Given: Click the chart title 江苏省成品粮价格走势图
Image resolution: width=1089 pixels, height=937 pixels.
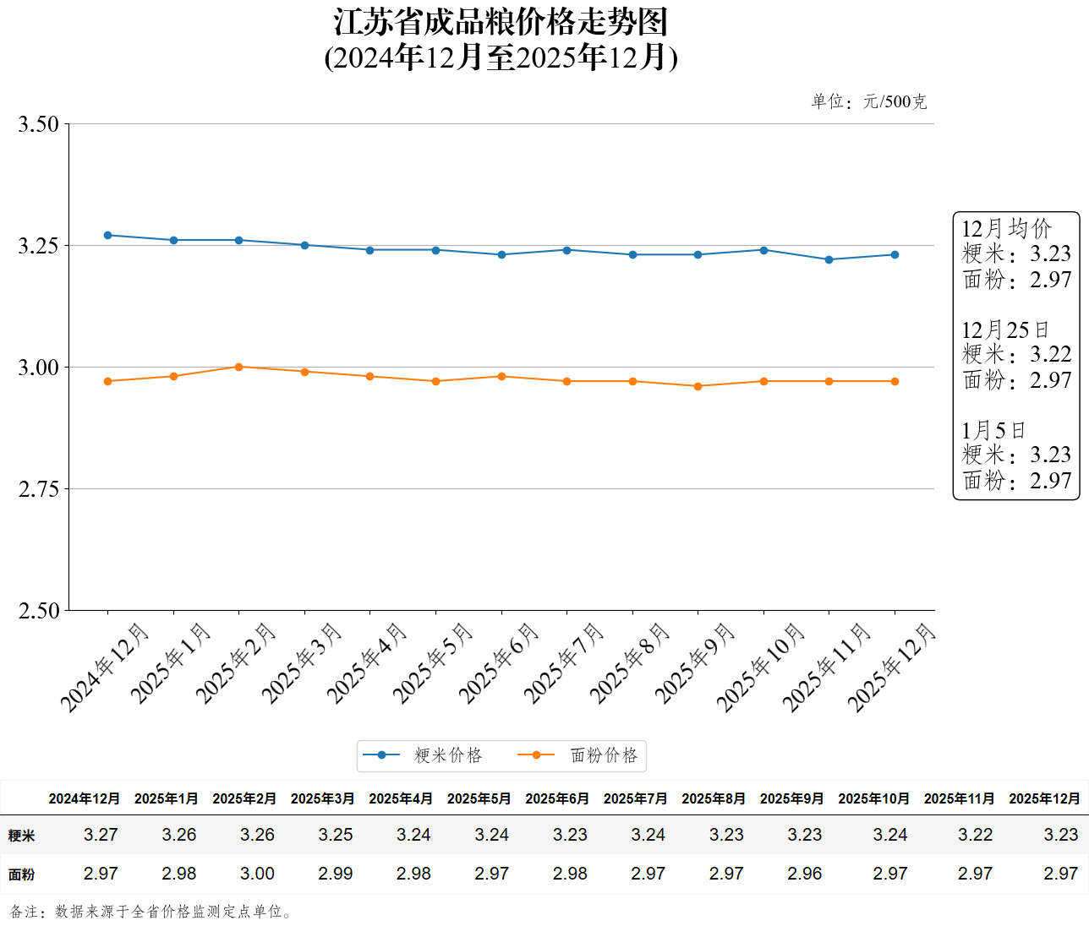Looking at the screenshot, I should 501,22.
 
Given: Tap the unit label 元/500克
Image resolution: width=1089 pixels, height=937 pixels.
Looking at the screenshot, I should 895,102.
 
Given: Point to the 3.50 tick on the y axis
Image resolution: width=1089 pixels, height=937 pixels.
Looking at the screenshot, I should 39,124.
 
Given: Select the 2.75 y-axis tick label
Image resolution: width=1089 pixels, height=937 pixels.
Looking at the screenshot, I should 39,489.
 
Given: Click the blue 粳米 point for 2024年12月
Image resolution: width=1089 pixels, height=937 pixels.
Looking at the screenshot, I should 107,236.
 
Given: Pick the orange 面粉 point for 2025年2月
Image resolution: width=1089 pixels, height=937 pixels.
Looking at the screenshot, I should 238,367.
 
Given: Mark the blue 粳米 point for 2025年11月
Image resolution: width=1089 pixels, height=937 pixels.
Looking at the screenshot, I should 829,259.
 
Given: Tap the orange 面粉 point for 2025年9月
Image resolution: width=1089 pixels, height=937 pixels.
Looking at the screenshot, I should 698,386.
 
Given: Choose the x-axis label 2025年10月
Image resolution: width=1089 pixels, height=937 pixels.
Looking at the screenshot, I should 761,667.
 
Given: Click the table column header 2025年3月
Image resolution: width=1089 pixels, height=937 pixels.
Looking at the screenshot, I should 322,798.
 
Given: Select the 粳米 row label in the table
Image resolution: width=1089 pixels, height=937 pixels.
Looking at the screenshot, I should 22,836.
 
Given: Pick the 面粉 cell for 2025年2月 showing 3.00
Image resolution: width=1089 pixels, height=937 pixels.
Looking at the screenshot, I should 257,874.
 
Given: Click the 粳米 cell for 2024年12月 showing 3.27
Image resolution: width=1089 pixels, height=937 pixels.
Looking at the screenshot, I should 101,835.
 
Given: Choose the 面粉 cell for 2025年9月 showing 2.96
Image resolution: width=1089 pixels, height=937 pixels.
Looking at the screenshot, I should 804,874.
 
